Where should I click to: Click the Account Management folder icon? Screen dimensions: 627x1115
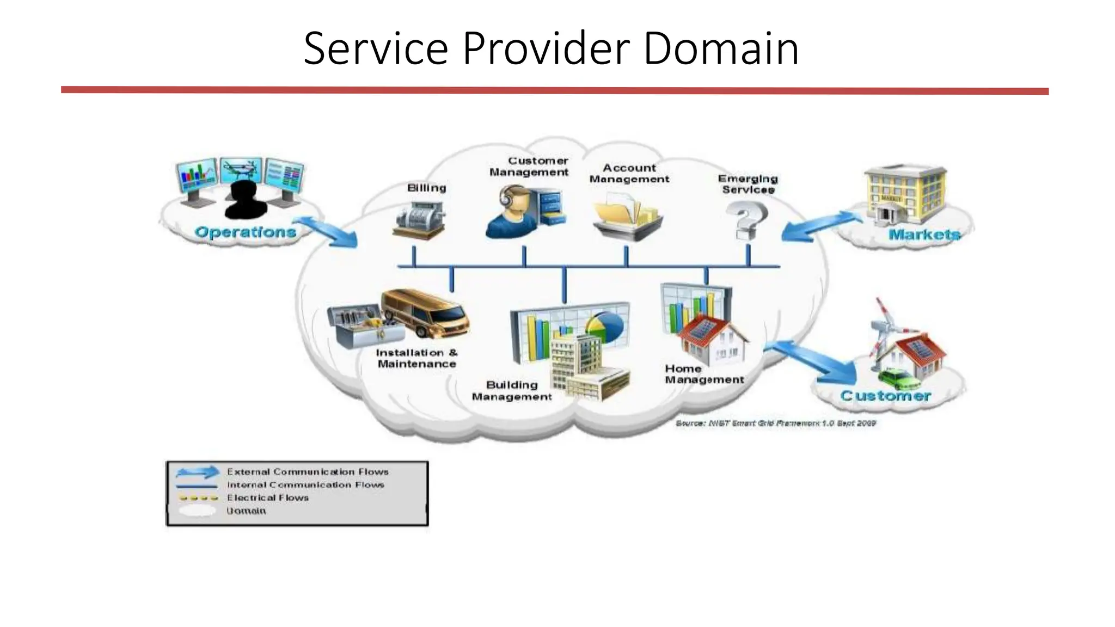[626, 218]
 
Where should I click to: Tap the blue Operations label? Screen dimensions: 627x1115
[246, 232]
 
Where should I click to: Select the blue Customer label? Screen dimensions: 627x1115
[885, 396]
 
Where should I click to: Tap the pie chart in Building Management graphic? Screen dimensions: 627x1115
[604, 326]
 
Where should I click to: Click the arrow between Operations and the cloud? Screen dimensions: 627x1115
[327, 232]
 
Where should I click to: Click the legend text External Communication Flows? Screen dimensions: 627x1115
[308, 472]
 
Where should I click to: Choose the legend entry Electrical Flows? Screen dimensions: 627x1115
[267, 498]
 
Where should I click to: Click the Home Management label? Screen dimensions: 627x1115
[703, 374]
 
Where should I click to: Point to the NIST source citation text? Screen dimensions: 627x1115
[775, 423]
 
